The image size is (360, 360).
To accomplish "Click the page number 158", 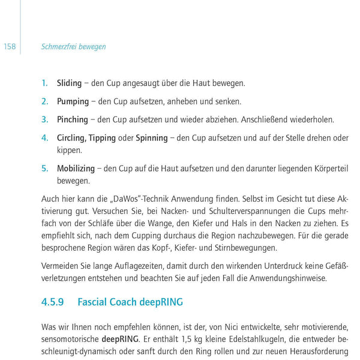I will tap(10, 47).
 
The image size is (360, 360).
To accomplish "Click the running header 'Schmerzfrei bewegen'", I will tap(73, 47).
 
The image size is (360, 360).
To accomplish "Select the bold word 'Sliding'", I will tap(69, 83).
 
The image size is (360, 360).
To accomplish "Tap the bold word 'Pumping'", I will tap(73, 101).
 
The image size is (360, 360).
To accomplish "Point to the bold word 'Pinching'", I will tap(72, 119).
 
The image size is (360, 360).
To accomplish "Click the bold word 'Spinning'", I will tap(151, 138).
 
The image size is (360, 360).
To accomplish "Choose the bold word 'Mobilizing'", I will tap(76, 169).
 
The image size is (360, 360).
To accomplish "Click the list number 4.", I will tap(44, 138).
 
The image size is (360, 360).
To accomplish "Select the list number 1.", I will tap(44, 83).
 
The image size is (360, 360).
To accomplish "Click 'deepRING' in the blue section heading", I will tap(161, 302).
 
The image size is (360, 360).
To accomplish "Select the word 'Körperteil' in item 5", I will tap(328, 169).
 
